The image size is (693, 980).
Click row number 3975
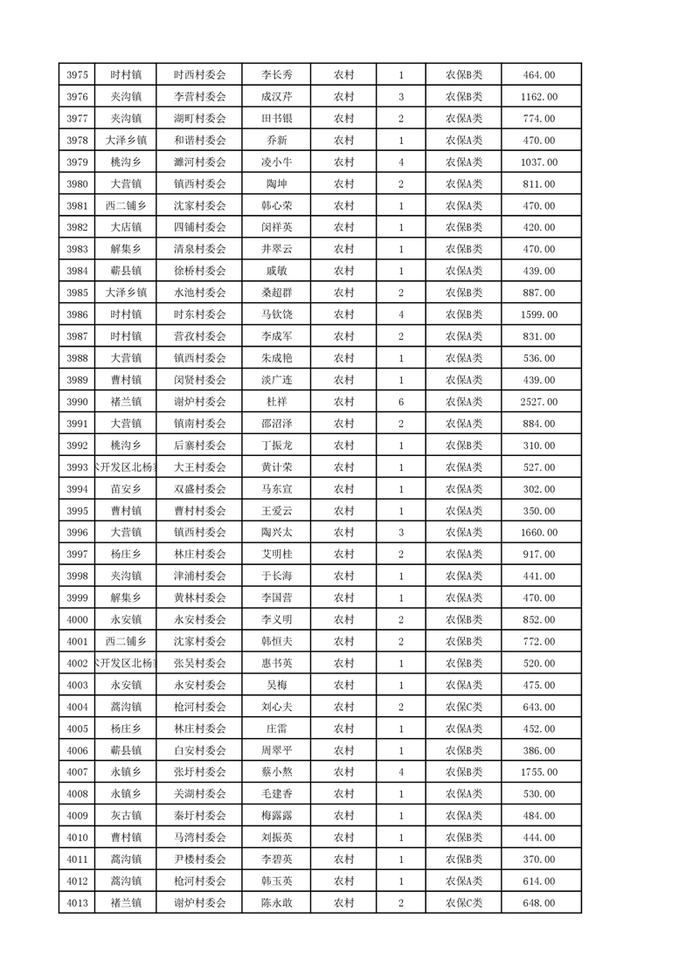pyautogui.click(x=77, y=75)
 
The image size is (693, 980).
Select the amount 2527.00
pyautogui.click(x=538, y=402)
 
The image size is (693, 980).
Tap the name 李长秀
pyautogui.click(x=277, y=75)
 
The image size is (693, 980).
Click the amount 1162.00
pyautogui.click(x=538, y=97)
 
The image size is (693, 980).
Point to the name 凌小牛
pyautogui.click(x=277, y=162)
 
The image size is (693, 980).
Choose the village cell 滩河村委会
pyautogui.click(x=199, y=162)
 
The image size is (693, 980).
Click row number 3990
pyautogui.click(x=77, y=402)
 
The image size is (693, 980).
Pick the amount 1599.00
pyautogui.click(x=538, y=314)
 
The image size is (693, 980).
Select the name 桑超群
pyautogui.click(x=277, y=293)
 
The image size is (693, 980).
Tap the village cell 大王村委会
pyautogui.click(x=199, y=467)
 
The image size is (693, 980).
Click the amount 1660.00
pyautogui.click(x=538, y=533)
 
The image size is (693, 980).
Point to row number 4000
pyautogui.click(x=77, y=619)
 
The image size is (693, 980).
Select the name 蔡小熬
pyautogui.click(x=277, y=772)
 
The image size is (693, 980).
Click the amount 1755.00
pyautogui.click(x=538, y=772)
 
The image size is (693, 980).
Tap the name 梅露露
pyautogui.click(x=277, y=816)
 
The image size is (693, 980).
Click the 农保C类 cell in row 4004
pyautogui.click(x=464, y=707)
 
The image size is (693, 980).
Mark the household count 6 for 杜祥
pyautogui.click(x=400, y=402)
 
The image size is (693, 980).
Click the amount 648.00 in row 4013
pyautogui.click(x=538, y=903)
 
